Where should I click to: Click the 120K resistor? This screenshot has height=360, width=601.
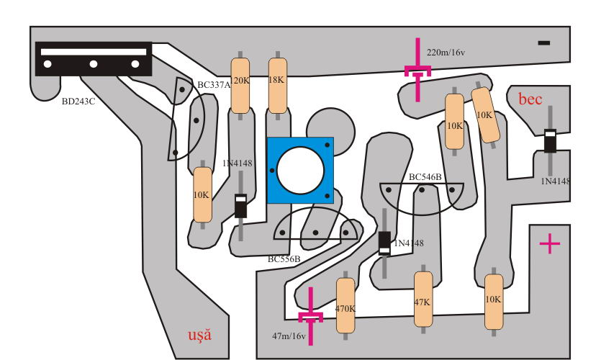240,86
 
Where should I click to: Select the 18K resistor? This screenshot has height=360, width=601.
278,86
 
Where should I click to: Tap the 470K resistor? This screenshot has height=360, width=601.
345,305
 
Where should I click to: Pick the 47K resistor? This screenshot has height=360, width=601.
423,299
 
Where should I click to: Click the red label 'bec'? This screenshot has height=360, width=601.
530,99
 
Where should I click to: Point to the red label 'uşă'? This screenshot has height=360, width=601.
199,335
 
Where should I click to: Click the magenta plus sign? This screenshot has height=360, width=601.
550,243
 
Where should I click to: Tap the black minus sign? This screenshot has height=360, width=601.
544,43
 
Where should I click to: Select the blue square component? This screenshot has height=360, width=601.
300,170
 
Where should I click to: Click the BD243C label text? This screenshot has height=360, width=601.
78,102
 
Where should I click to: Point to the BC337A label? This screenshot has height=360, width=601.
214,85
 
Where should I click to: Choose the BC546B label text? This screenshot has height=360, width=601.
425,177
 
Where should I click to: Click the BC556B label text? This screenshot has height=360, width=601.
284,259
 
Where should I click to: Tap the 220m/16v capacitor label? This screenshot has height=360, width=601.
446,53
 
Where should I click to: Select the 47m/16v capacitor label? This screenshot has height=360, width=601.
289,336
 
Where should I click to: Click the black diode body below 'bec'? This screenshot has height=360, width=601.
550,140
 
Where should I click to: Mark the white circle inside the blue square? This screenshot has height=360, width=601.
300,171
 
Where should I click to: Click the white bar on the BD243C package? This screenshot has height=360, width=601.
94,52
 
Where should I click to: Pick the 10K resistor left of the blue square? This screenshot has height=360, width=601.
202,195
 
